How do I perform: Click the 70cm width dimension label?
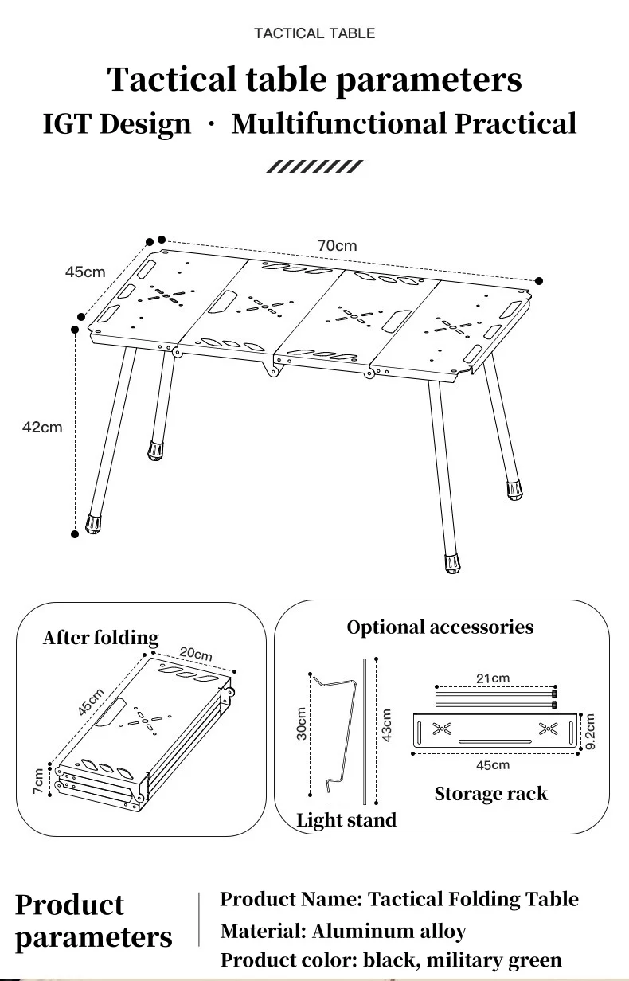tap(338, 246)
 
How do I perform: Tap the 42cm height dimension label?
tap(42, 428)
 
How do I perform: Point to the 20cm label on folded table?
tap(196, 654)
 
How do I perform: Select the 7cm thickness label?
tap(38, 780)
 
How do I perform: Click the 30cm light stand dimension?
tap(303, 724)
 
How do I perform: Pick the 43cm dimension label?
tap(387, 725)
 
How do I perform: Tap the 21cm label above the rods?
tap(493, 678)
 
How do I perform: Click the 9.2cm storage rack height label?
tap(590, 732)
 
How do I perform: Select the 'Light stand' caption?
tap(346, 820)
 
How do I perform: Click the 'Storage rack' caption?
tap(490, 794)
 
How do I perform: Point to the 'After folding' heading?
tap(101, 638)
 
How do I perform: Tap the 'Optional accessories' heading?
tap(440, 627)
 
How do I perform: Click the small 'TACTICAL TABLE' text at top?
tap(314, 33)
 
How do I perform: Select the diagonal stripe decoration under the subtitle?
tap(314, 166)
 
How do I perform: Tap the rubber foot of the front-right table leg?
tap(452, 563)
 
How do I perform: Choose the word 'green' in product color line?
tap(528, 960)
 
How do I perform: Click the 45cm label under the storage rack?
tap(493, 765)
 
